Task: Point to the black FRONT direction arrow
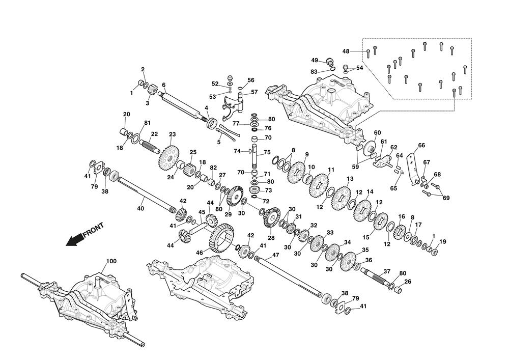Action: click(x=76, y=238)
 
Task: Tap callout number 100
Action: click(x=111, y=261)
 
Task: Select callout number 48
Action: click(x=346, y=51)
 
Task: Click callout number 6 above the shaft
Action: click(x=164, y=85)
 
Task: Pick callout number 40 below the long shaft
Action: click(x=141, y=208)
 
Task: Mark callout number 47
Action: click(x=275, y=255)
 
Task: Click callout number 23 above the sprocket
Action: click(x=172, y=134)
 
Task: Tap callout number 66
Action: click(x=421, y=145)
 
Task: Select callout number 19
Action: click(x=442, y=241)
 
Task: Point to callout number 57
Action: click(x=254, y=92)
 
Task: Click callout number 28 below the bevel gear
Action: click(x=271, y=238)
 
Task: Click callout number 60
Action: click(x=377, y=132)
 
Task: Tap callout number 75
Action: click(x=267, y=152)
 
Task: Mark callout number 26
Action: click(x=408, y=282)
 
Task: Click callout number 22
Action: click(x=154, y=134)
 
